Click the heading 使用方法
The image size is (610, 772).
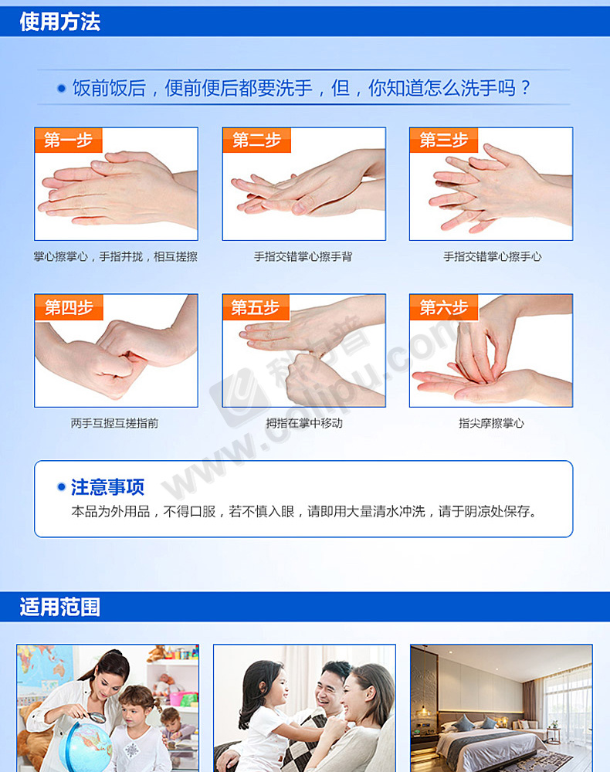point(60,22)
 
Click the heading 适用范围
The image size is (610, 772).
point(60,607)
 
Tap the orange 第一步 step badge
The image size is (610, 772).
point(69,140)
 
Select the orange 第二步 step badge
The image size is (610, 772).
point(256,140)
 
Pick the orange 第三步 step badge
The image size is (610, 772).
point(443,140)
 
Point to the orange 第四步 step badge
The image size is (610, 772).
point(69,307)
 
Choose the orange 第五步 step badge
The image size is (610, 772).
point(256,307)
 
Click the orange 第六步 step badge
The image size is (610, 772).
point(443,307)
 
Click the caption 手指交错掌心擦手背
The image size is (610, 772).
point(303,256)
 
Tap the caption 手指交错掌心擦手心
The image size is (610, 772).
point(493,256)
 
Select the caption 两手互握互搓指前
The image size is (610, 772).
point(115,423)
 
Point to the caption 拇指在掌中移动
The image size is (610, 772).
point(304,423)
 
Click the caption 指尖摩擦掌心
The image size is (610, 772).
point(491,423)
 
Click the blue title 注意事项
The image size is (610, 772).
point(108,487)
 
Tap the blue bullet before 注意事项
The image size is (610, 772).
point(62,487)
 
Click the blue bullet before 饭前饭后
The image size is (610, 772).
point(62,89)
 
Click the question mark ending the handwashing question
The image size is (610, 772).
point(525,88)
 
